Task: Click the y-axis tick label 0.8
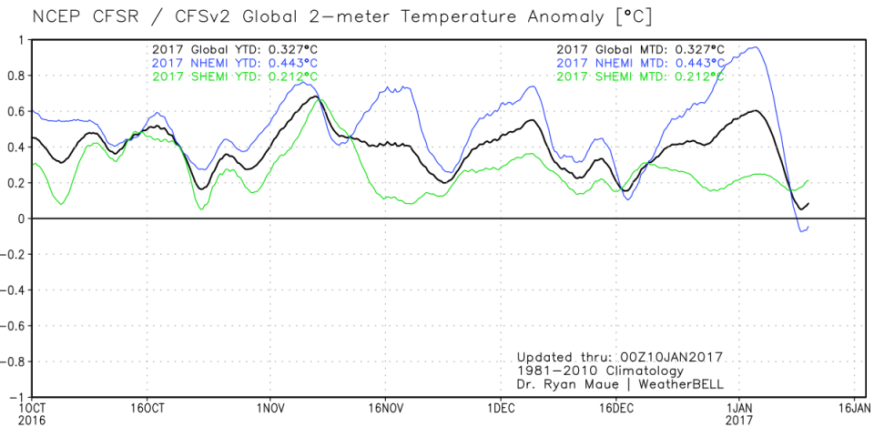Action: [x=16, y=76]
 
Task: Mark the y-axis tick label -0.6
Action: [x=13, y=326]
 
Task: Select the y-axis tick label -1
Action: [x=17, y=398]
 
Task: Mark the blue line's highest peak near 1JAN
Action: [x=755, y=47]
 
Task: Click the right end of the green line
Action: [x=808, y=181]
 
